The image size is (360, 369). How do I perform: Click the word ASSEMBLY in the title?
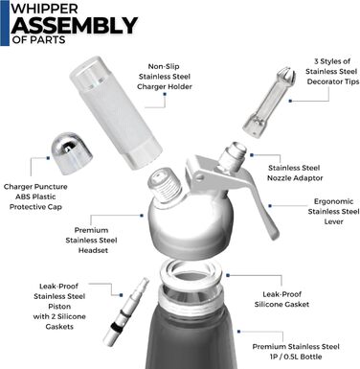[x=75, y=25]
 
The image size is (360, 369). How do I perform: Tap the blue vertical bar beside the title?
[x=4, y=23]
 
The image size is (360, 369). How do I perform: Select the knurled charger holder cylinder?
[x=116, y=112]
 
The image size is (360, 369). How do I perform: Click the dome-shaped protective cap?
[x=72, y=152]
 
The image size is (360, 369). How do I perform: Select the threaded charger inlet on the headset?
[x=166, y=185]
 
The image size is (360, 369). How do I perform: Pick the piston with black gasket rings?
[x=127, y=311]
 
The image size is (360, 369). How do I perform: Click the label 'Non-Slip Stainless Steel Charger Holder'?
[x=165, y=77]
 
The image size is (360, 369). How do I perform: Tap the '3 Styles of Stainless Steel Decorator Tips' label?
[x=332, y=71]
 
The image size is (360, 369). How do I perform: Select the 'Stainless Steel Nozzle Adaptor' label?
[x=295, y=173]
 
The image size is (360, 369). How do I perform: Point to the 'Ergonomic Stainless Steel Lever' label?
[x=333, y=211]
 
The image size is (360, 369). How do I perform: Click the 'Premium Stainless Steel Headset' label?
[x=91, y=240]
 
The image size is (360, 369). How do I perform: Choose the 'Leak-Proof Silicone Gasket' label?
[x=281, y=299]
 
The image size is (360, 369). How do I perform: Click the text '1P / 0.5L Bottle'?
[x=296, y=357]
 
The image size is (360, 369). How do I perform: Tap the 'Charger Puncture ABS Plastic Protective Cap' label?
[x=35, y=196]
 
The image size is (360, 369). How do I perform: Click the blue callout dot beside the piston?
[x=122, y=295]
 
